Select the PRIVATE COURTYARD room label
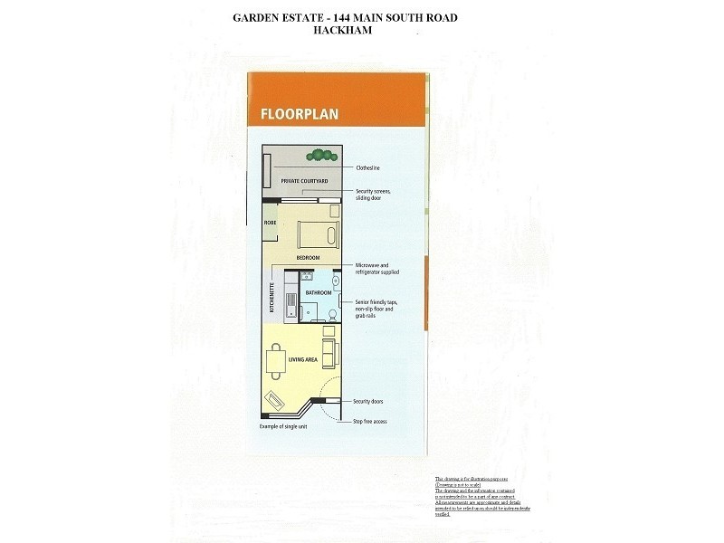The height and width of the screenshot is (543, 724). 303,181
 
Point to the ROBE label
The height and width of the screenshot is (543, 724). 269,222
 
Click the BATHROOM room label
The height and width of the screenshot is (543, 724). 318,293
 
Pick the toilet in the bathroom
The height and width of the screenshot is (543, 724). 332,314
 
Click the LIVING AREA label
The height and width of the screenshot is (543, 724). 302,359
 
